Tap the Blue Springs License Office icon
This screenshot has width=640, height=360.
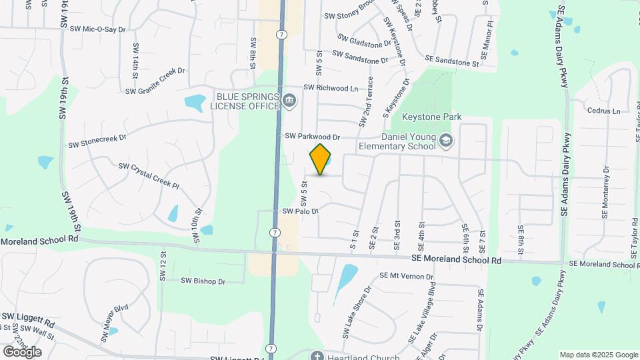coord(289,102)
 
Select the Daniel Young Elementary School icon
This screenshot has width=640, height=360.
coord(446,141)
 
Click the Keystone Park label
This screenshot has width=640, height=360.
coord(431,117)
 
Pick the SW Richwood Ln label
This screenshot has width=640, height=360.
coord(331,88)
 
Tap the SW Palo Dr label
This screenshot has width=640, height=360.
coord(301,211)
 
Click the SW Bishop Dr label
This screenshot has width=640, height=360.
coord(203,281)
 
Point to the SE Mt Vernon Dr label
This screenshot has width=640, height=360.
coord(406,276)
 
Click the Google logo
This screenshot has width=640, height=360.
coord(22,351)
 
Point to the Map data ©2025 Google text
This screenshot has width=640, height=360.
coord(599,355)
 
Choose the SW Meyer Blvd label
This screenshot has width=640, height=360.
coord(115,323)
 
